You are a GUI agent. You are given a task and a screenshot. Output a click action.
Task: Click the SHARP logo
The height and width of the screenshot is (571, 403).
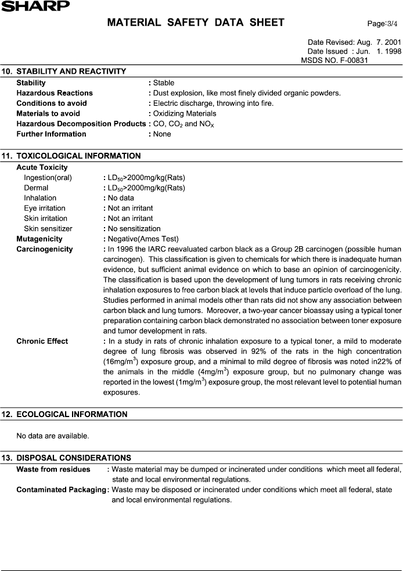tap(35, 6)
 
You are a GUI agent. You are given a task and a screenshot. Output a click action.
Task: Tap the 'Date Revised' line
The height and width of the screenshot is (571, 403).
tap(354, 42)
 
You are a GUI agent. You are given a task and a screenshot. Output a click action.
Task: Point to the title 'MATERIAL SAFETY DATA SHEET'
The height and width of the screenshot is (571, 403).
tap(196, 23)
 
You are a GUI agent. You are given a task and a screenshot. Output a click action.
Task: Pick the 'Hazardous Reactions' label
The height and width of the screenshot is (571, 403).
tap(55, 93)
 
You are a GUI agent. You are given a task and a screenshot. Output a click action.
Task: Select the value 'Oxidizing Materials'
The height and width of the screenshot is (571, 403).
tap(185, 113)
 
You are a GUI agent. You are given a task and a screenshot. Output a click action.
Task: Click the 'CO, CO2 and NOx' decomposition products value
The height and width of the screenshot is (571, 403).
tap(183, 124)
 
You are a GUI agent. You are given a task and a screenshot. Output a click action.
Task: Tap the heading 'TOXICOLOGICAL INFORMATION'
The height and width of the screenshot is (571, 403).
tap(78, 156)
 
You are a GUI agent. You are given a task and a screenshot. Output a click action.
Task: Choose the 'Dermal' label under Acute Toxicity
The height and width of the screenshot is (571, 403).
tap(36, 188)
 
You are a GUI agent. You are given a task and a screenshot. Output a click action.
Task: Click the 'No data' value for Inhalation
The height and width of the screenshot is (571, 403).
tap(121, 198)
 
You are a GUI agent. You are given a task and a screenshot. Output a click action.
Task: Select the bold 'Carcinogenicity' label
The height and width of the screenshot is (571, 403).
tap(45, 249)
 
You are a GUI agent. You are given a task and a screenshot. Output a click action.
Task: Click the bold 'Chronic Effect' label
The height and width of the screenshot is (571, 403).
tap(42, 341)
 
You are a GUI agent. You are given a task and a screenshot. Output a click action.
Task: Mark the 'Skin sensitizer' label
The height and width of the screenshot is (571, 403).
tap(48, 228)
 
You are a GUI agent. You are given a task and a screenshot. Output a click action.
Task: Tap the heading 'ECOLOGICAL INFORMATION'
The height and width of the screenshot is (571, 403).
tap(72, 414)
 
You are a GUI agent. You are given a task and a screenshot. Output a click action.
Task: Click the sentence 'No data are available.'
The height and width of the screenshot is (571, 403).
tap(53, 436)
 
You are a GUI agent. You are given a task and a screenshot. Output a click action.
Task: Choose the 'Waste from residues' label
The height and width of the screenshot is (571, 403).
tap(53, 469)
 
